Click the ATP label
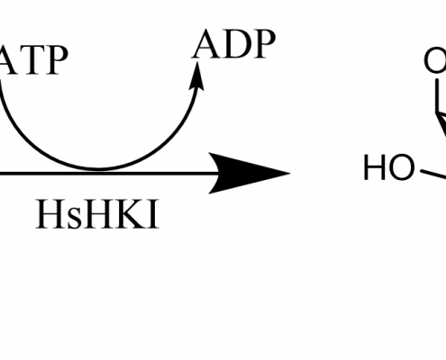click(x=33, y=60)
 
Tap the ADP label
click(x=233, y=44)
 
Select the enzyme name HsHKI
click(x=97, y=214)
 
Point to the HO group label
click(x=388, y=167)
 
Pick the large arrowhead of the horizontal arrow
click(x=249, y=173)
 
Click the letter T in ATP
click(x=32, y=60)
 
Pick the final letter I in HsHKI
click(x=153, y=214)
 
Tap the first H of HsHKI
click(x=51, y=214)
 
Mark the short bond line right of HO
click(x=433, y=175)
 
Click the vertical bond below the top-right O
click(x=437, y=95)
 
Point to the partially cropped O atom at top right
click(x=435, y=60)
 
